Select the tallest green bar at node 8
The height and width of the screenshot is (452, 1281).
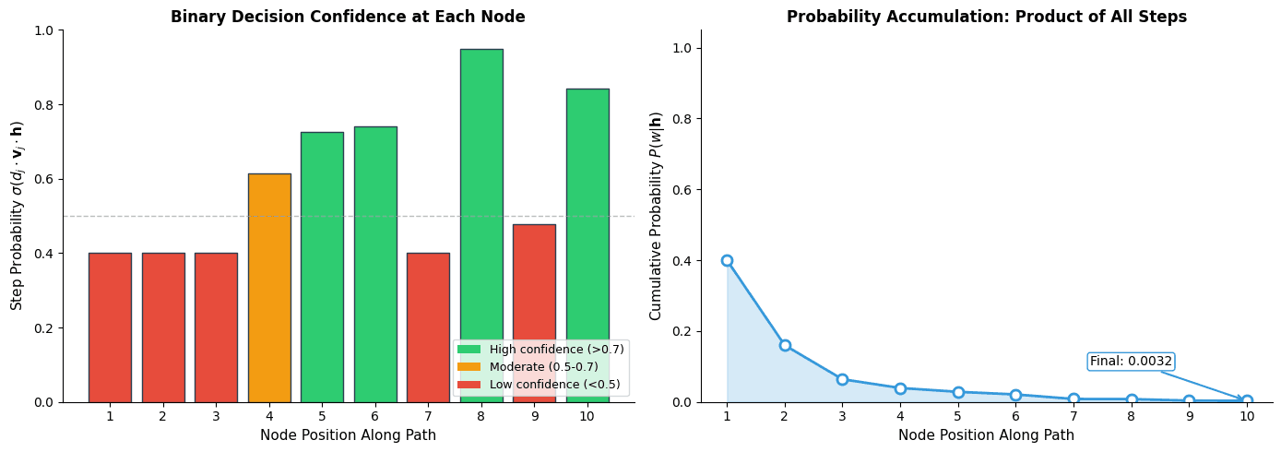pos(481,203)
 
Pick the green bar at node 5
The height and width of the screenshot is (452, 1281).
pos(322,268)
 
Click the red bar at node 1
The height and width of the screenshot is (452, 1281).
pos(110,327)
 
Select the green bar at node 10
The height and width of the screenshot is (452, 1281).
pos(587,212)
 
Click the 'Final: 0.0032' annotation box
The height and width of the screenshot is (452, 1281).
pos(1131,362)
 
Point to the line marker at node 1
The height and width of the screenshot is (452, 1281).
pos(727,260)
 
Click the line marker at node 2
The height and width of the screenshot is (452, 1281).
pos(785,345)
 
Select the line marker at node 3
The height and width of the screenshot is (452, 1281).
pos(842,379)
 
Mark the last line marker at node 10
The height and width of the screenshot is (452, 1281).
pos(1247,401)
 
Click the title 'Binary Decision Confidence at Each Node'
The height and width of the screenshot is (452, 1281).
pos(348,17)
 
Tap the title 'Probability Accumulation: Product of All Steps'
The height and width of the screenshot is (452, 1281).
pos(986,17)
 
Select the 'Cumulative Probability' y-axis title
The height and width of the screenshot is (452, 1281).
pos(656,216)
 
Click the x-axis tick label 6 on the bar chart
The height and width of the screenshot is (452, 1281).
pos(375,416)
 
